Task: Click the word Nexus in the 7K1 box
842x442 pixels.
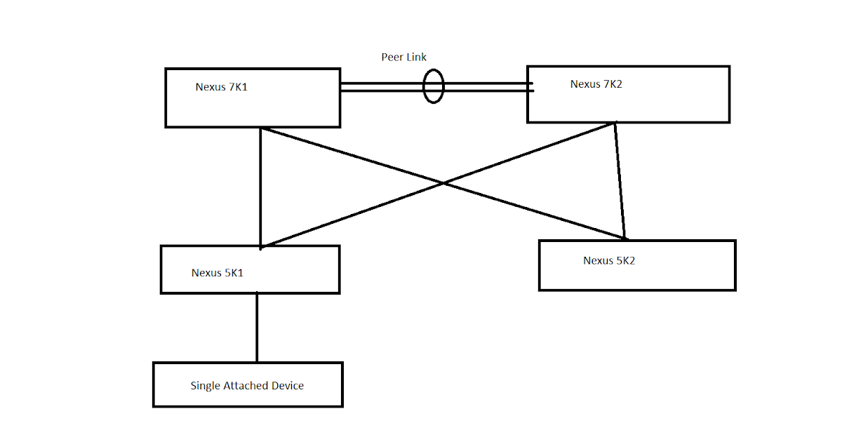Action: [210, 87]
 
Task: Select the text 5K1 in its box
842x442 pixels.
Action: [234, 273]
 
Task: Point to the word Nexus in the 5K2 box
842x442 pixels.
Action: [598, 260]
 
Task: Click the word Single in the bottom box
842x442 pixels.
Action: [206, 386]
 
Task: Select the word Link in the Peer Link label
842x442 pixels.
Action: [416, 57]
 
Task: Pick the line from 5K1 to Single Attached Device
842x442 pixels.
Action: [257, 327]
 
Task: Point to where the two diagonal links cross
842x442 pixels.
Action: [443, 184]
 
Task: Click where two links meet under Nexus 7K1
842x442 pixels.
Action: [260, 128]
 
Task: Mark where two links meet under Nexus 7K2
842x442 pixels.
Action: [615, 123]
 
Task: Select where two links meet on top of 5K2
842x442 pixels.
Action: [624, 239]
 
